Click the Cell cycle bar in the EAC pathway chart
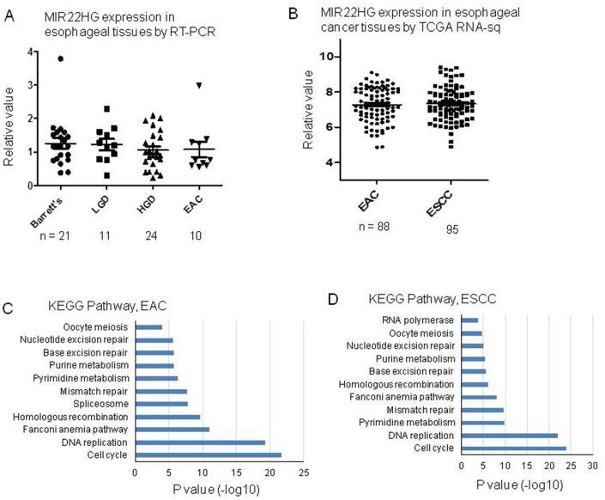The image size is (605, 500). [x=208, y=454]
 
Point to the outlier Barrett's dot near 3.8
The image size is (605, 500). [x=36, y=58]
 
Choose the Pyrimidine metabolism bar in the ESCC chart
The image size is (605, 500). [x=483, y=423]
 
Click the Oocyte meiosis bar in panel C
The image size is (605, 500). [x=148, y=327]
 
